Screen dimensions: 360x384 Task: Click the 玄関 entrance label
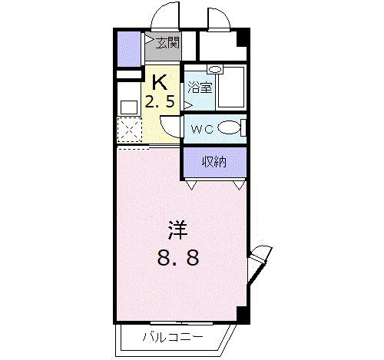pyautogui.click(x=169, y=43)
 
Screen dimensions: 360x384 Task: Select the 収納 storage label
pyautogui.click(x=214, y=161)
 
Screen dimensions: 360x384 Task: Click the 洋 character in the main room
pyautogui.click(x=178, y=230)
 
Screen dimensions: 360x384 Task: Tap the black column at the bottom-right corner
pyautogui.click(x=243, y=314)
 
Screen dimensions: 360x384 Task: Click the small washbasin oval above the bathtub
pyautogui.click(x=216, y=70)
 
